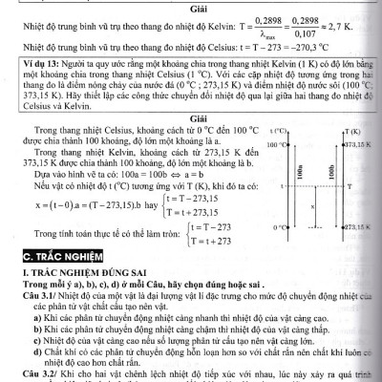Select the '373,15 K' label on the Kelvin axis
359,143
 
